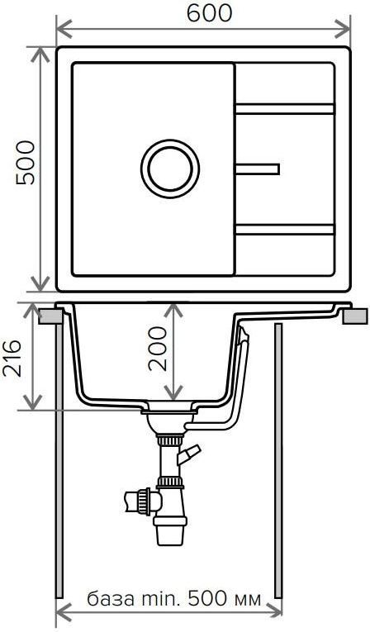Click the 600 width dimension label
click(x=209, y=12)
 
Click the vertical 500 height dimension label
click(x=26, y=163)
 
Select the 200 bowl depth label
click(x=157, y=349)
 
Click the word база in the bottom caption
click(x=111, y=599)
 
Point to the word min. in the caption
click(x=160, y=599)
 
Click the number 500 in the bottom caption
click(x=207, y=599)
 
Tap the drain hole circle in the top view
click(x=170, y=169)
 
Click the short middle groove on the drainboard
click(x=257, y=169)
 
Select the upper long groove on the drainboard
click(x=285, y=109)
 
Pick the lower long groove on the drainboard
click(x=285, y=230)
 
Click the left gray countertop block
click(x=50, y=316)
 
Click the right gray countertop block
click(x=355, y=316)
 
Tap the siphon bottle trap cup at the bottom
click(x=169, y=532)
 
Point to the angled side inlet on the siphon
click(x=187, y=454)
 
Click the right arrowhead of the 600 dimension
click(x=344, y=29)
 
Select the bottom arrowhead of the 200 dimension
click(x=173, y=392)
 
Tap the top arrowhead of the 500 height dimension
click(x=40, y=55)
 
